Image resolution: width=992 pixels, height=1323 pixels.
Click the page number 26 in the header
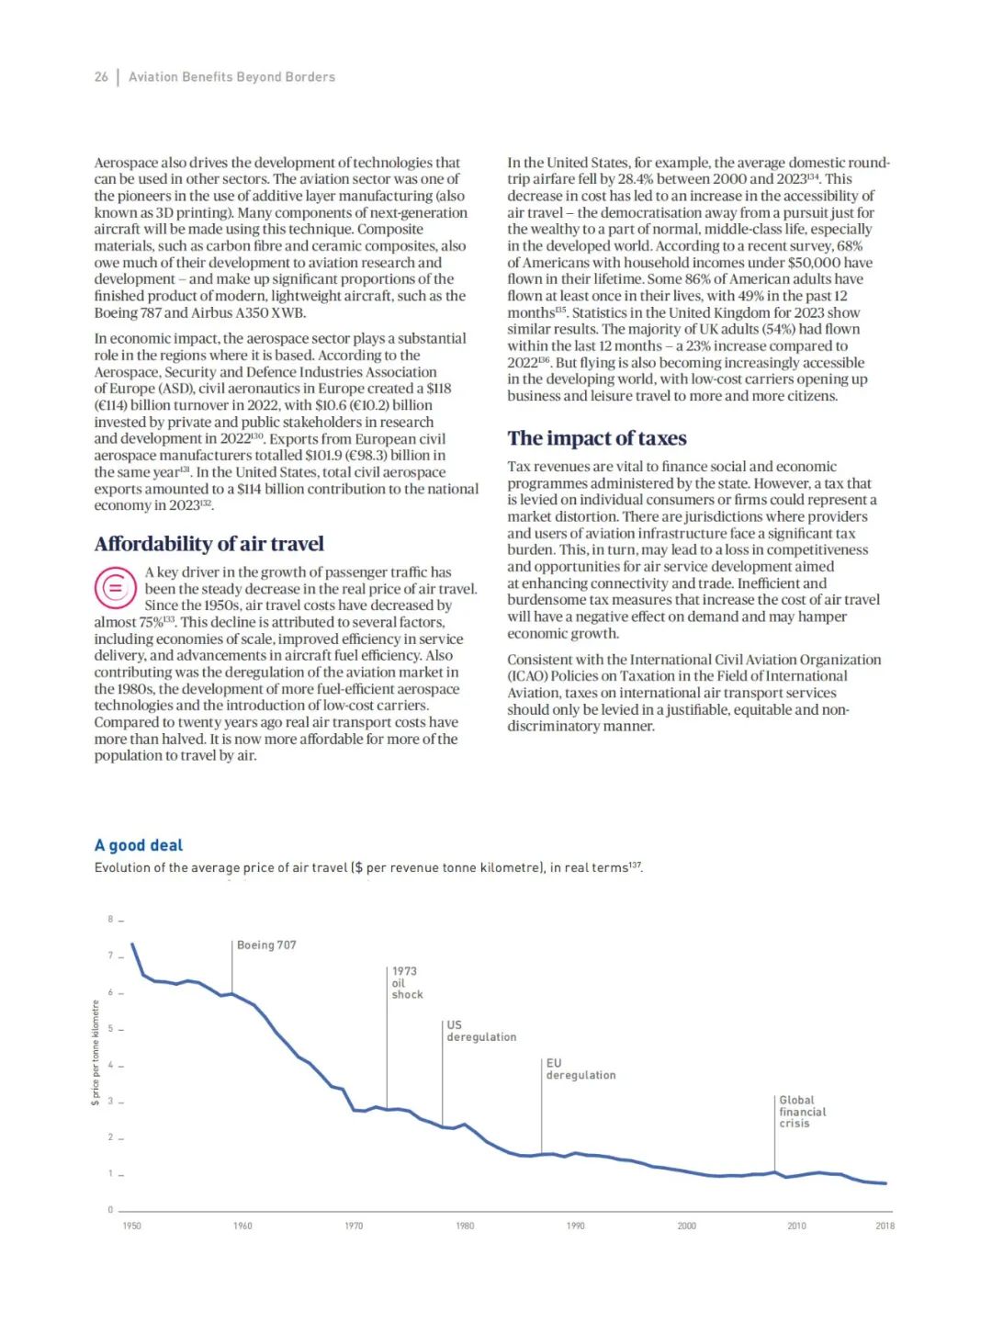click(101, 77)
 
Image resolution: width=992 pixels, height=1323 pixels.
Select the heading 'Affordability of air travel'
click(209, 544)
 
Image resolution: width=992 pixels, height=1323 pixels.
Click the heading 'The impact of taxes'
click(596, 438)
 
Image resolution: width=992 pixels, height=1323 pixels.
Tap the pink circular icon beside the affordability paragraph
click(115, 588)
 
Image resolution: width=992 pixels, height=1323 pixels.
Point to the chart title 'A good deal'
click(139, 845)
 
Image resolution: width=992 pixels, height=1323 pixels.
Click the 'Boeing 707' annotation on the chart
click(266, 945)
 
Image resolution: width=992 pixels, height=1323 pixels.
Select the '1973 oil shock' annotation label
click(407, 983)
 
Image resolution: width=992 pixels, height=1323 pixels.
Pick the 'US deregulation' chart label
click(480, 1031)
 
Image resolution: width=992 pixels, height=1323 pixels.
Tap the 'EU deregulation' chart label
click(581, 1069)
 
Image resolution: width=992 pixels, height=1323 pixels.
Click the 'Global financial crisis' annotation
click(802, 1112)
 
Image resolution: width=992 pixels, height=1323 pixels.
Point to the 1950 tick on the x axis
click(132, 1226)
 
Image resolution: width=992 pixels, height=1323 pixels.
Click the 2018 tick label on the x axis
click(885, 1226)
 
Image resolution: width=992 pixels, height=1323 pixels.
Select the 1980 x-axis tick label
click(465, 1226)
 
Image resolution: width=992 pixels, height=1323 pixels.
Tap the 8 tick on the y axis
click(110, 920)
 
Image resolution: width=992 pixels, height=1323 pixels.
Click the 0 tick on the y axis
click(110, 1210)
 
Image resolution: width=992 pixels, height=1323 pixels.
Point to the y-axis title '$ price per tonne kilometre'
click(96, 1053)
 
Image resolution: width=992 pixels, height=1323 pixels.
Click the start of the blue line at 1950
click(133, 944)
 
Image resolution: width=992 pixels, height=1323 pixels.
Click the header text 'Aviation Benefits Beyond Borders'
click(231, 77)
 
